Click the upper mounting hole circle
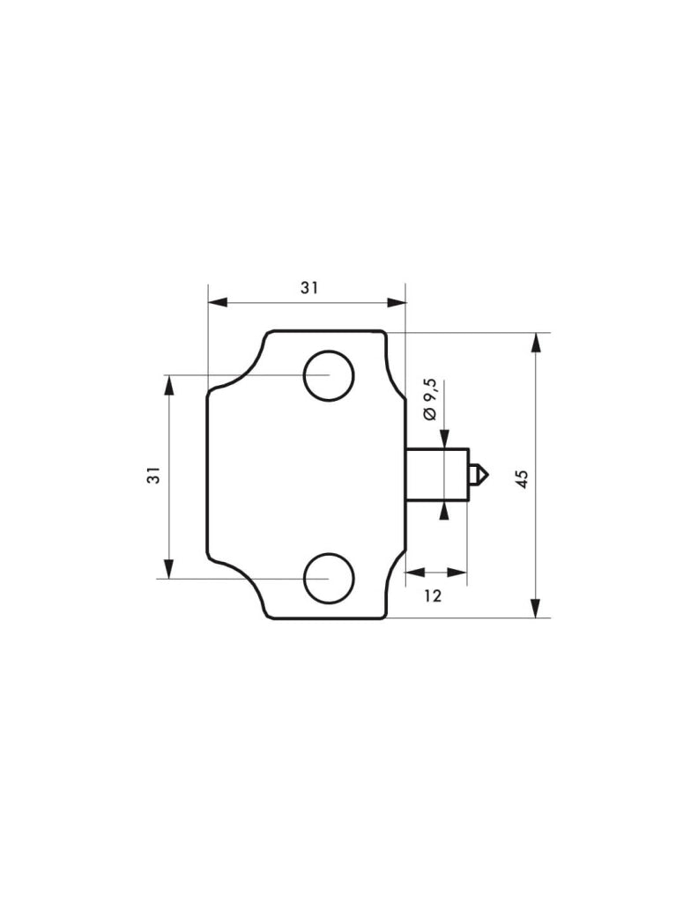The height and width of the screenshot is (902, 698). tap(329, 351)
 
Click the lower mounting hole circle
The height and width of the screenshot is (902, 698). tap(329, 553)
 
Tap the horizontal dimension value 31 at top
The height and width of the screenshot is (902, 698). tap(309, 288)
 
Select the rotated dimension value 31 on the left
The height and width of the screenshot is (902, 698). tap(153, 475)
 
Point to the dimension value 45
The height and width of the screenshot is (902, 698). tap(522, 478)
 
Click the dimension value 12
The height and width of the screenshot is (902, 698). tap(433, 596)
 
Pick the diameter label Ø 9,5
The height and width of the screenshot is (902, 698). tap(430, 399)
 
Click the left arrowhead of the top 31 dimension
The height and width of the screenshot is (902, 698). tap(217, 303)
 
